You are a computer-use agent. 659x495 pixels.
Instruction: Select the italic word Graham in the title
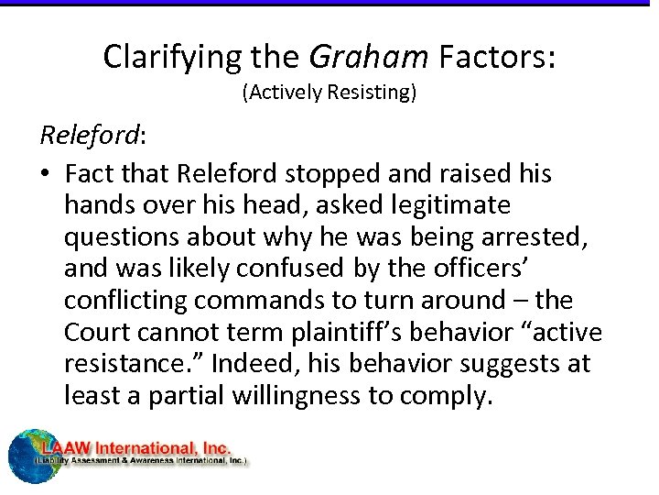369,57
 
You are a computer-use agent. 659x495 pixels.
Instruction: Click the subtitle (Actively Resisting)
329,93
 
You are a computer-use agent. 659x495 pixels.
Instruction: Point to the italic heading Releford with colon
92,136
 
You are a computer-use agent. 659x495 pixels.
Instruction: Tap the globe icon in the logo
27,455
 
